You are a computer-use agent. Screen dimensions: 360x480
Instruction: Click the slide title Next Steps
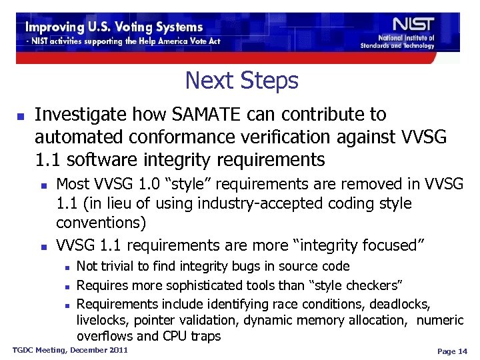[241, 81]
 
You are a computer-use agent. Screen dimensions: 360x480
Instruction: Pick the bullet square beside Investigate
[20, 116]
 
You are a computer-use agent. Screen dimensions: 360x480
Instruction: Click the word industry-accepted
[239, 203]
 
